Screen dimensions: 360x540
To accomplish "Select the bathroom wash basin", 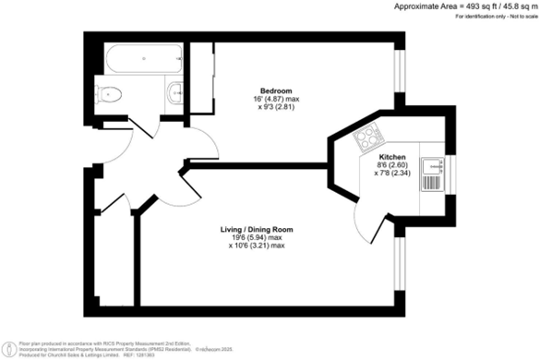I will [x=175, y=91].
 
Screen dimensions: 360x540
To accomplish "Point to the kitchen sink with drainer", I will [x=431, y=169].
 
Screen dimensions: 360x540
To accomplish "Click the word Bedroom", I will [x=275, y=90].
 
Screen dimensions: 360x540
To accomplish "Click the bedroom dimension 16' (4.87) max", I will [x=275, y=99].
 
